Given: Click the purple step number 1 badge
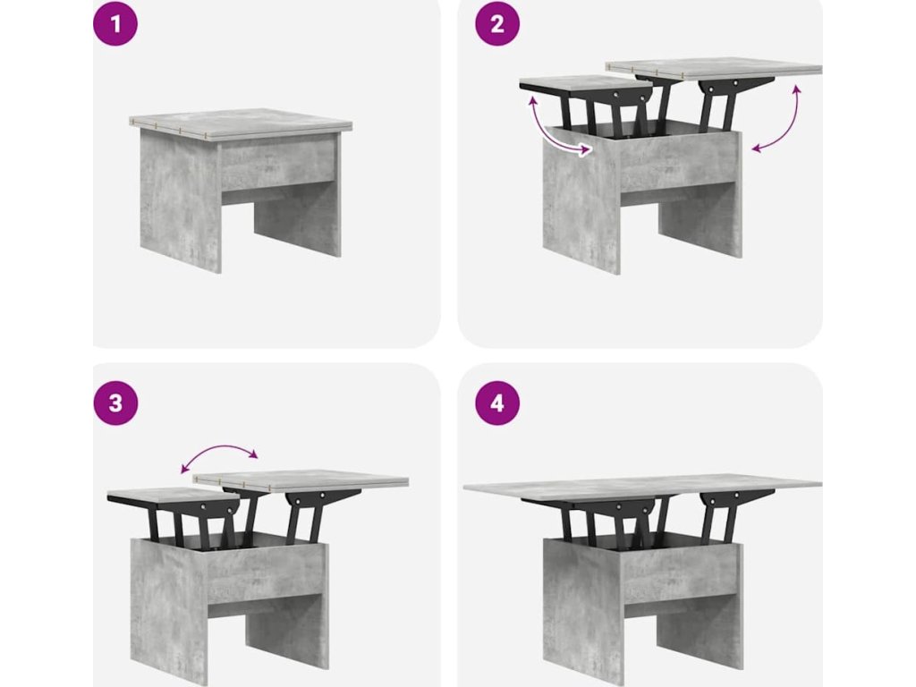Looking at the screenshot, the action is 115,24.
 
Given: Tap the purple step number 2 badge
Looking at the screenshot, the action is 497,24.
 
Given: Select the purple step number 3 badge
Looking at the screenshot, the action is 115,403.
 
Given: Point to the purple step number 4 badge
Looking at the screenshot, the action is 497,403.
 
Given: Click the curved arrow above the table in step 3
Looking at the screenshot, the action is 219,448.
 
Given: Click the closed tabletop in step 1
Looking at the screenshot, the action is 240,123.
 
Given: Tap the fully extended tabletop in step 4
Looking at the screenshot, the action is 642,488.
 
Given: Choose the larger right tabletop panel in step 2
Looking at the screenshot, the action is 714,68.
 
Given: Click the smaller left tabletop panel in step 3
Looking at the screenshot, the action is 174,495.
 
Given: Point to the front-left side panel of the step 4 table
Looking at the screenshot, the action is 582,607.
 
